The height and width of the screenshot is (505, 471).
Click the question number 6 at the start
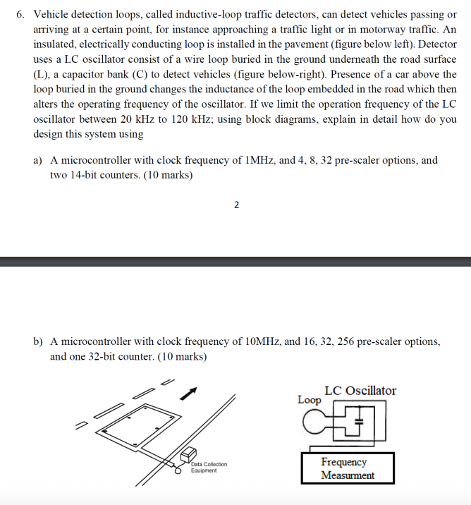tap(20, 14)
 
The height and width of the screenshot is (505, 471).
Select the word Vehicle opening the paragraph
tap(53, 14)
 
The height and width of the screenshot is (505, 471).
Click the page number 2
tap(235, 205)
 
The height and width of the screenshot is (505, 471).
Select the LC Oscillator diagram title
tap(360, 391)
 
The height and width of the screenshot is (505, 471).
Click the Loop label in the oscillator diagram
tap(309, 400)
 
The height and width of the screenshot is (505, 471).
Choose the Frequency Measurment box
tap(348, 468)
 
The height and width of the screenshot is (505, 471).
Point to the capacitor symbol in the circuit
tap(359, 422)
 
